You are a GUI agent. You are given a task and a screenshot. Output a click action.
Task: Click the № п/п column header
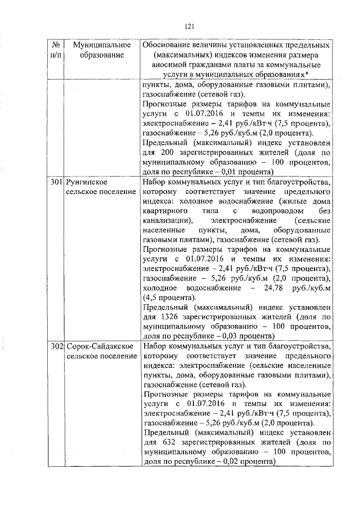coord(55,49)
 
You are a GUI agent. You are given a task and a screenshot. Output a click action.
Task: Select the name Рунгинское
coord(86,183)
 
